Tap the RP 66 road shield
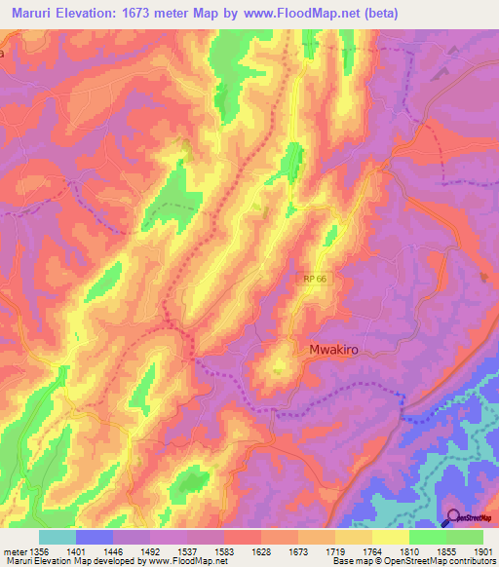pos(313,280)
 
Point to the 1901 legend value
pos(482,551)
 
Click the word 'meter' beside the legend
pos(12,551)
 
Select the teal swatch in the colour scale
pos(58,537)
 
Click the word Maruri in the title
pos(28,11)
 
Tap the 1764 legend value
pos(371,551)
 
